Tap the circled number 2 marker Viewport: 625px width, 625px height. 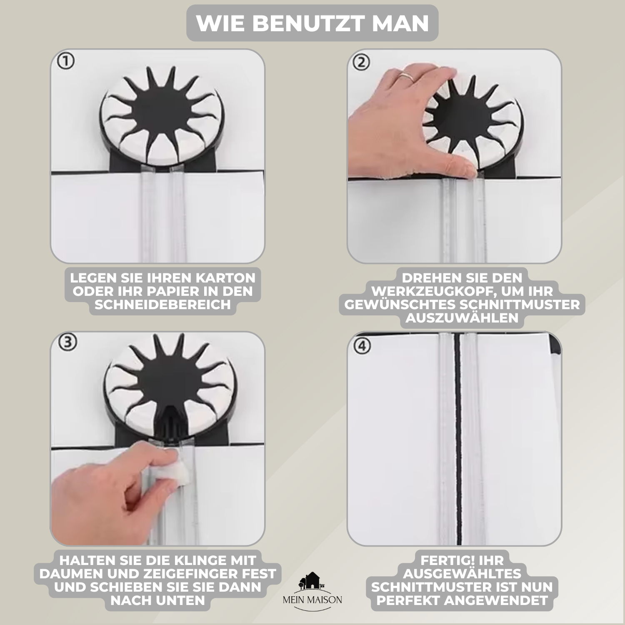(x=361, y=62)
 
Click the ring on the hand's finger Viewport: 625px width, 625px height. (x=405, y=76)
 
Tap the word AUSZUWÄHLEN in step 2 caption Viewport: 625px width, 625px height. (x=462, y=318)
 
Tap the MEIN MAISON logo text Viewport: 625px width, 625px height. (x=312, y=600)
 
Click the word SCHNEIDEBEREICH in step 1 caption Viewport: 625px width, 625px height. (x=162, y=305)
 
